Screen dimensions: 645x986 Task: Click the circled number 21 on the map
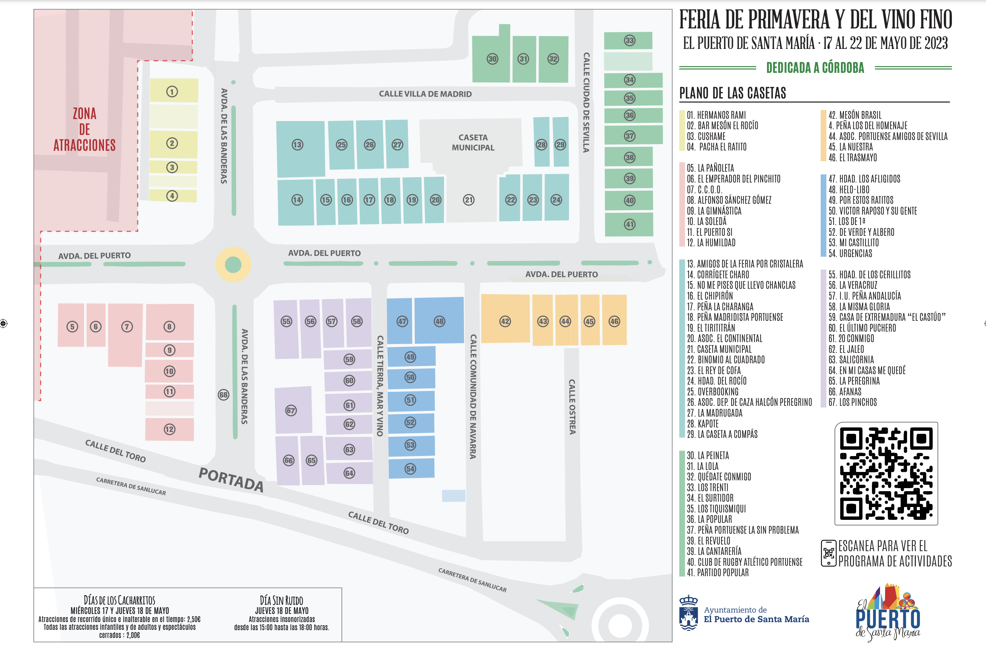tap(469, 200)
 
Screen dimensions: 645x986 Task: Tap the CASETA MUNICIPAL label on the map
tap(473, 142)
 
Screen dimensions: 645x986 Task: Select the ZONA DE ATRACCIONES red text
tap(84, 129)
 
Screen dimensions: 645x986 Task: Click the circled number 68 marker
tap(224, 394)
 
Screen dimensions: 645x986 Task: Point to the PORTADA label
tap(231, 479)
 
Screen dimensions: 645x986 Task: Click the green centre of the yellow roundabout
tap(233, 265)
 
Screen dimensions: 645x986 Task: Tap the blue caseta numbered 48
tap(439, 321)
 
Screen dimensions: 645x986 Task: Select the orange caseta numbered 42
tap(505, 321)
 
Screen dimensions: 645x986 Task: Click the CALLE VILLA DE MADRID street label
tap(425, 94)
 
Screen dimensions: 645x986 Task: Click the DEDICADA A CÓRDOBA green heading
tap(815, 67)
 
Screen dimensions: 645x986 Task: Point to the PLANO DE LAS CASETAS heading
tap(733, 93)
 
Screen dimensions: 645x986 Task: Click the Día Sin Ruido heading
tap(281, 600)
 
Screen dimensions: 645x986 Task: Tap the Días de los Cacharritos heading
tap(119, 600)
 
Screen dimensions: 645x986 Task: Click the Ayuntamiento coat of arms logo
tap(688, 613)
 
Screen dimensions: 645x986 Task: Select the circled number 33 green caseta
tap(629, 40)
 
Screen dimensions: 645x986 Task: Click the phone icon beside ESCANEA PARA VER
tap(828, 553)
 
